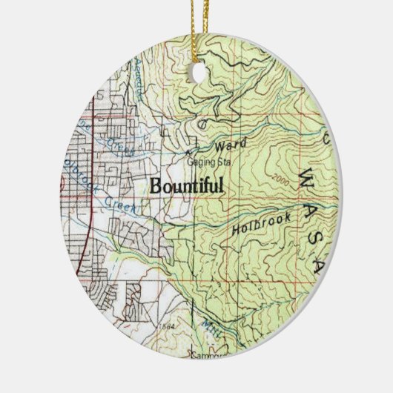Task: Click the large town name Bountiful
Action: (x=187, y=185)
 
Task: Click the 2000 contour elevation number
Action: (x=280, y=179)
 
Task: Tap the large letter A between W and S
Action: (x=314, y=202)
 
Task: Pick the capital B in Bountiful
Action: (x=156, y=185)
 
